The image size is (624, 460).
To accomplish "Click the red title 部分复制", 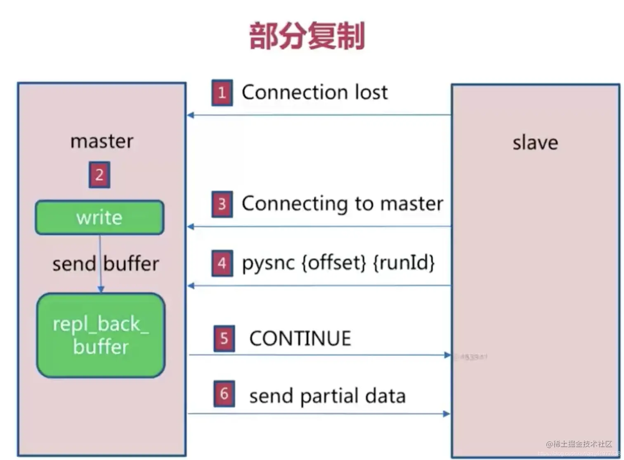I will pos(307,36).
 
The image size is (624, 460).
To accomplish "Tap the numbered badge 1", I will pos(222,93).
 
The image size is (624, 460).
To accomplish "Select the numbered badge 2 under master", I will pos(99,175).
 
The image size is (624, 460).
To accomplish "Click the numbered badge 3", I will pos(222,204).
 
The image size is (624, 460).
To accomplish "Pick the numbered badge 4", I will pos(222,263).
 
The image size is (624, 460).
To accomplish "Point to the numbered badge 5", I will pos(224,339).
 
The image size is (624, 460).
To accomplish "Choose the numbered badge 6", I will pos(224,394).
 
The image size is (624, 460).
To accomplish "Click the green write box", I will pos(99,218).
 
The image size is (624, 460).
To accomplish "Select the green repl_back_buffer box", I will pos(101,335).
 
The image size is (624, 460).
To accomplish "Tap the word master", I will pos(102,142).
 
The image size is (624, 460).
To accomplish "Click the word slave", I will pos(535,143).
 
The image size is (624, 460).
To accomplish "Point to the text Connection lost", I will pos(314,92).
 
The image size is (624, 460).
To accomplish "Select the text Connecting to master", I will pos(342,204).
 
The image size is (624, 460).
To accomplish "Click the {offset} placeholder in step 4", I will pos(334,263).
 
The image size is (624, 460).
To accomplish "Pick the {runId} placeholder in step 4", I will pos(404,263).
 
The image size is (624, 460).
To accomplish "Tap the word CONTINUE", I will pos(300,339).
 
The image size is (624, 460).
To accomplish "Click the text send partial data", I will pos(327,396).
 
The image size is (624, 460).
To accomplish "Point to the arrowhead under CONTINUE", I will pos(447,355).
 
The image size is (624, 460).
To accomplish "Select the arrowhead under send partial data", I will pos(446,414).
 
